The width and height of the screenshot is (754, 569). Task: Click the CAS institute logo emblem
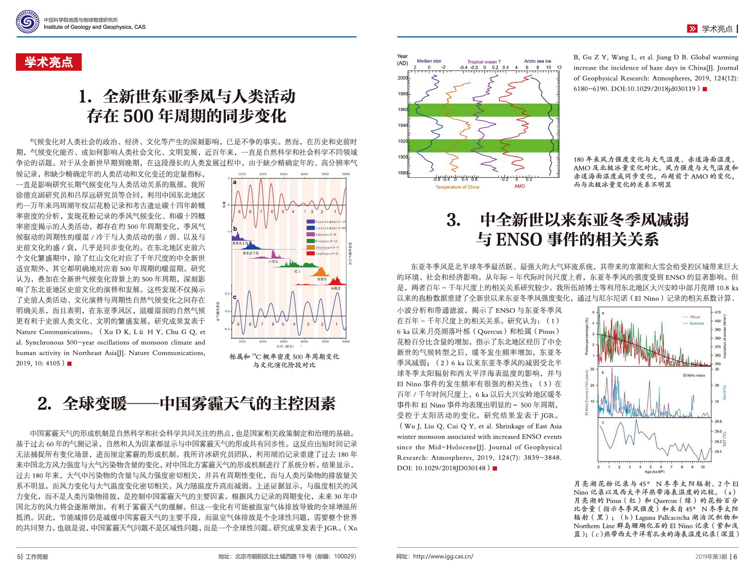click(27, 22)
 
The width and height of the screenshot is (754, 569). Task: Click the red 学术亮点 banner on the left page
click(49, 62)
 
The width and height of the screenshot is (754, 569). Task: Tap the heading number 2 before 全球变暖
click(43, 404)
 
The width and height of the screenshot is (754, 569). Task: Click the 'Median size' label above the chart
click(429, 61)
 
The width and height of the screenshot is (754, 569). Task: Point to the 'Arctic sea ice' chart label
click(537, 61)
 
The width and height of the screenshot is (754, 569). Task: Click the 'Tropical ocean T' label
click(484, 62)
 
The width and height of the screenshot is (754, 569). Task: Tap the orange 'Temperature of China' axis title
click(457, 187)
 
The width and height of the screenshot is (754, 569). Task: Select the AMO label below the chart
click(519, 186)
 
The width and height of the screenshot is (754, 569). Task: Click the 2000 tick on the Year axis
click(402, 78)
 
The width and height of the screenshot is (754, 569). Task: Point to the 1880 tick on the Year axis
click(402, 173)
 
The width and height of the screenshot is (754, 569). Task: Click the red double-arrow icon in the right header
click(692, 29)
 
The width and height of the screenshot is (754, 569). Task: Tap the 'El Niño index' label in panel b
click(694, 375)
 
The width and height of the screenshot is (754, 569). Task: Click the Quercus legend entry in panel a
click(696, 323)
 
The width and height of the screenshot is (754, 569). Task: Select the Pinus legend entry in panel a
click(695, 317)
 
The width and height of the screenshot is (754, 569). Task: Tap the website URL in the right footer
click(443, 557)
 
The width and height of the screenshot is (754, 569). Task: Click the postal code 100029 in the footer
click(344, 557)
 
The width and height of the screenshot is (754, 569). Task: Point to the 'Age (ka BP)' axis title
click(654, 472)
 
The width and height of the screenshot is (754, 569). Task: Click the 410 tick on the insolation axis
click(718, 312)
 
